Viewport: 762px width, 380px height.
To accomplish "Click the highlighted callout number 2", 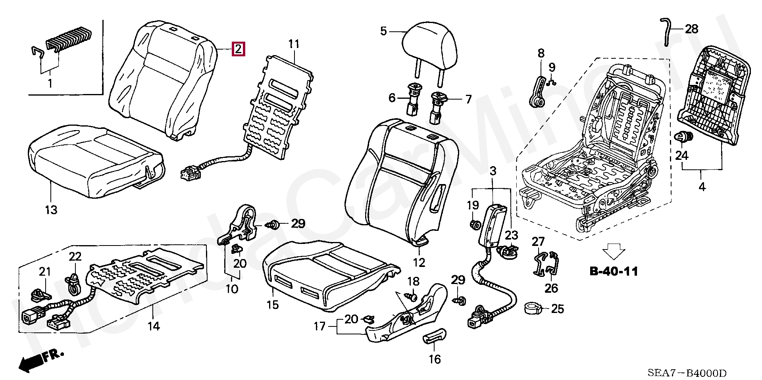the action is coord(238,49).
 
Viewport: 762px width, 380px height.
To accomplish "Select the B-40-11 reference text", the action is coord(614,272).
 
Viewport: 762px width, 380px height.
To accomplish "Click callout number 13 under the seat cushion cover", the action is coord(52,210).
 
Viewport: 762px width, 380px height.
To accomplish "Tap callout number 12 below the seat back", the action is coord(419,262).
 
